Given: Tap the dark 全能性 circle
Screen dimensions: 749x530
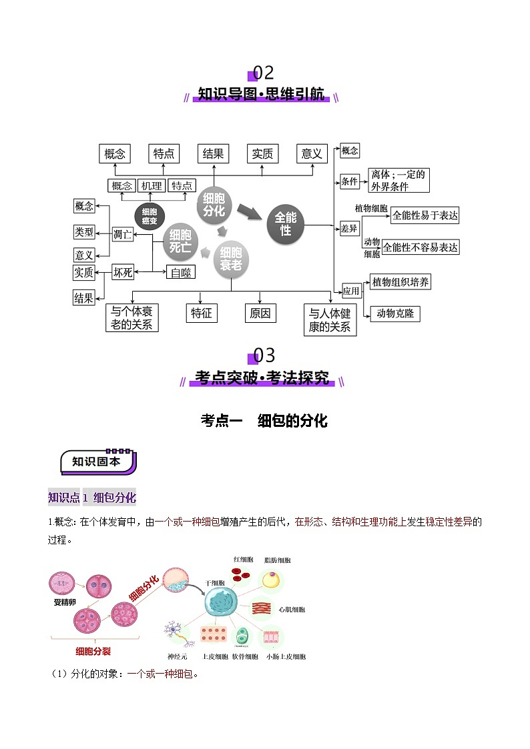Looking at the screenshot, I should pos(286,224).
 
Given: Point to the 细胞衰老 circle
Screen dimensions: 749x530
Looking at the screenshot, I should pos(231,261).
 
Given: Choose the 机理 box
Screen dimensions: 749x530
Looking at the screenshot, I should pos(152,186).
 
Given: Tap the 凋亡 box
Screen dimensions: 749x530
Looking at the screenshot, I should pos(123,233).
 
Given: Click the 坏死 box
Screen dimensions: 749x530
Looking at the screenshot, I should pos(123,272).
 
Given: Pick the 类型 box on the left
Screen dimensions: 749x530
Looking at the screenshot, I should pos(84,231).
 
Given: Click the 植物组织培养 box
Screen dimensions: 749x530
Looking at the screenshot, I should pos(401,282).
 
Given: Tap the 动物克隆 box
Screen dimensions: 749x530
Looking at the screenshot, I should pos(394,313).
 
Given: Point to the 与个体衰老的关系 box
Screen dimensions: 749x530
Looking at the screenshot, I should pos(132,318).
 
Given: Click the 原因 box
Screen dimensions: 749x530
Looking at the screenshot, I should pos(260,312).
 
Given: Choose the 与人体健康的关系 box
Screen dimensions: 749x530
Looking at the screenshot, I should pos(330,319).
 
